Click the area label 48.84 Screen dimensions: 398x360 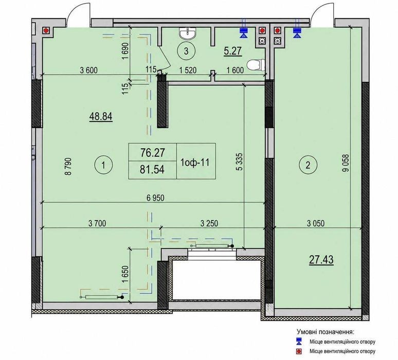pyautogui.click(x=101, y=117)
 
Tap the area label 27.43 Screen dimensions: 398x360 pyautogui.click(x=321, y=260)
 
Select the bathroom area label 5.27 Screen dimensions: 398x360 pyautogui.click(x=232, y=51)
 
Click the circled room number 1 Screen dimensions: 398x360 pyautogui.click(x=103, y=166)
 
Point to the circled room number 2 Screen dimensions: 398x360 pyautogui.click(x=308, y=166)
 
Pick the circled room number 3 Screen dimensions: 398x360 pyautogui.click(x=186, y=51)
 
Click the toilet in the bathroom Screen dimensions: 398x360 pyautogui.click(x=256, y=65)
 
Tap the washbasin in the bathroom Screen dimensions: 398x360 pyautogui.click(x=188, y=33)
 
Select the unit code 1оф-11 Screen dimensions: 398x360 pyautogui.click(x=195, y=162)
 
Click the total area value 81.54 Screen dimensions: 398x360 pyautogui.click(x=152, y=169)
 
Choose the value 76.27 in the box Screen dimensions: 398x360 pyautogui.click(x=153, y=153)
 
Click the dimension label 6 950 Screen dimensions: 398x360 pyautogui.click(x=155, y=197)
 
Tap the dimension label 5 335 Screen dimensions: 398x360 pyautogui.click(x=240, y=161)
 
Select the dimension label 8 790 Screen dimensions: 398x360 pyautogui.click(x=68, y=167)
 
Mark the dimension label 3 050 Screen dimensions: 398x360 pyautogui.click(x=316, y=223)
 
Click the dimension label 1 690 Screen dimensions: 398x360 pyautogui.click(x=126, y=51)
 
